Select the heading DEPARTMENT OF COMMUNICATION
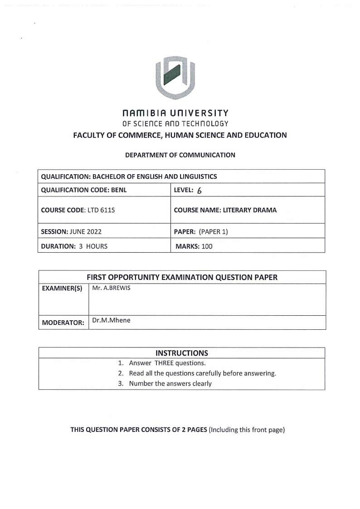(180, 155)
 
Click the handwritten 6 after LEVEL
(199, 191)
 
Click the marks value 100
(207, 246)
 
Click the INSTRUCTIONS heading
(182, 353)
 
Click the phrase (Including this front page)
(246, 430)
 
